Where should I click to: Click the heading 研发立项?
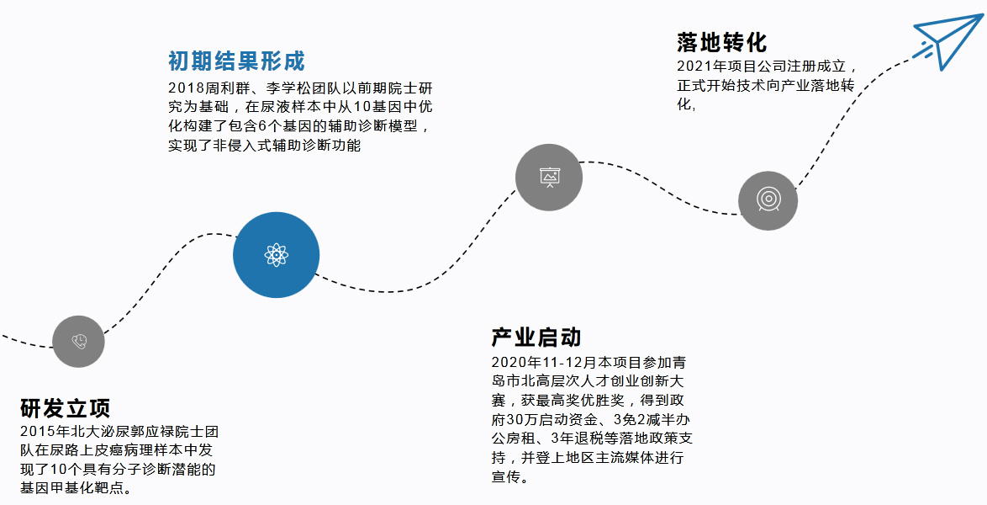(x=66, y=408)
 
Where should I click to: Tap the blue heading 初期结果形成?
(x=235, y=61)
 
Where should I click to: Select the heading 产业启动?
(x=536, y=338)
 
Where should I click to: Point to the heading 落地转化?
(x=721, y=42)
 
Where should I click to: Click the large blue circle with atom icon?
(x=276, y=254)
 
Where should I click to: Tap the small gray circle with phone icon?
(x=78, y=341)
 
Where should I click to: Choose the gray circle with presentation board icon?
(x=549, y=177)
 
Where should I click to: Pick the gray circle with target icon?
(x=768, y=200)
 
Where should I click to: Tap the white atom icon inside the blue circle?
(x=276, y=254)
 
